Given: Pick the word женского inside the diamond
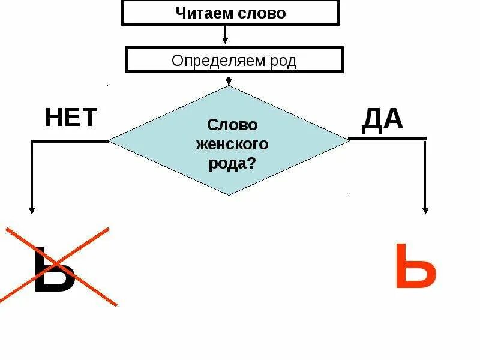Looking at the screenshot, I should point(232,145).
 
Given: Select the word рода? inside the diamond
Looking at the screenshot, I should point(232,164).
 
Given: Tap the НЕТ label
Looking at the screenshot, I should point(71,118).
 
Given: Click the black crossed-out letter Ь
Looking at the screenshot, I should point(54,270).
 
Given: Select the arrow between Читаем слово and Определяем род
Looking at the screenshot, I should point(226,35).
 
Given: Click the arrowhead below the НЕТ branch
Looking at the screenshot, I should point(32,210).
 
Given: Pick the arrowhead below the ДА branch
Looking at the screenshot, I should point(425,210).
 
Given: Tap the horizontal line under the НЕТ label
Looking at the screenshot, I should point(70,142).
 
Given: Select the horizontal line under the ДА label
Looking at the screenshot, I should point(388,139).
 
